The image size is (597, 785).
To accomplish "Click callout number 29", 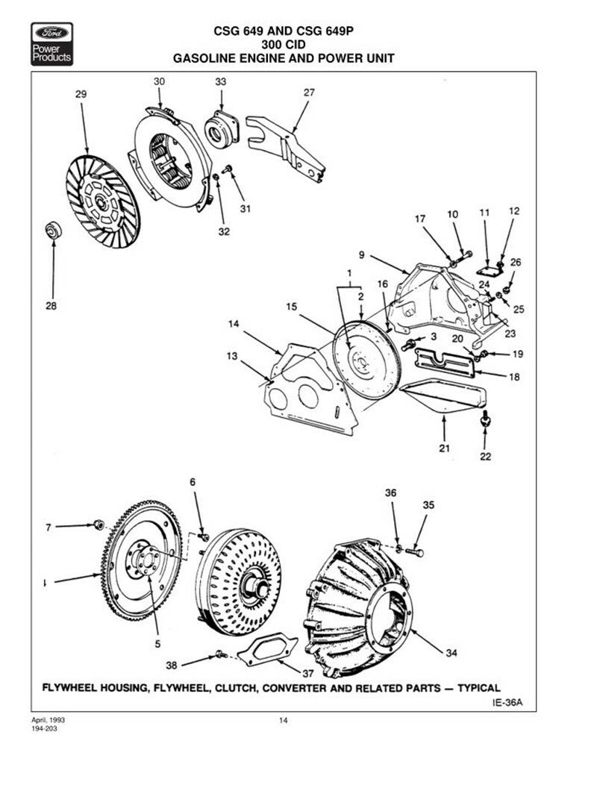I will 81,94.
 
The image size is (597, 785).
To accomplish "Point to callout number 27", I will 309,93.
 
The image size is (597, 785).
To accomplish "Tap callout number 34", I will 451,653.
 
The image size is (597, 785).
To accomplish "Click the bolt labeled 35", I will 416,552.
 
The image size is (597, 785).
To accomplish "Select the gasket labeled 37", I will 264,648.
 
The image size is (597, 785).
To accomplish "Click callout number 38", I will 172,664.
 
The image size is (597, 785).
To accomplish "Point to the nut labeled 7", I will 98,526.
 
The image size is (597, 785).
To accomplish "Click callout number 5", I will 157,642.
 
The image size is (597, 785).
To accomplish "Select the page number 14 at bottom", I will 283,720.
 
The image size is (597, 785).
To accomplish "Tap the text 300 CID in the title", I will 283,43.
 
